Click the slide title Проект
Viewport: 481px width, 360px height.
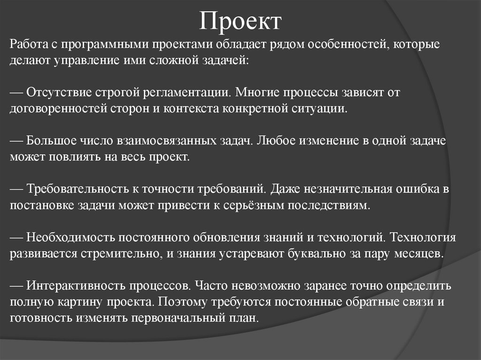240,21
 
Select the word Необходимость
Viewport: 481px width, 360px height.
68,237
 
